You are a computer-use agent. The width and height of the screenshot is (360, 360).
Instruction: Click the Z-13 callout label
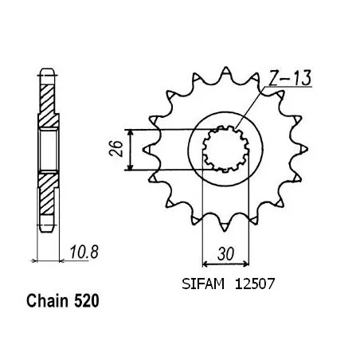click(x=290, y=79)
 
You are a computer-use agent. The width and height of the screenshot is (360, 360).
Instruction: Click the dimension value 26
click(x=116, y=149)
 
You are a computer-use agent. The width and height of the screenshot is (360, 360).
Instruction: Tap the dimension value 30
click(x=226, y=254)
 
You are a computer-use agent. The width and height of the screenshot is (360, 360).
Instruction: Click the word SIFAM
click(x=203, y=284)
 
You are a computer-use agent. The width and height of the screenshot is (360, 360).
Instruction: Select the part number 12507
click(x=254, y=284)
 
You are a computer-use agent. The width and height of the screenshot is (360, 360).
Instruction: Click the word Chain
click(x=48, y=301)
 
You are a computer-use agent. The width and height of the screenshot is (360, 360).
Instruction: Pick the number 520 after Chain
click(x=86, y=301)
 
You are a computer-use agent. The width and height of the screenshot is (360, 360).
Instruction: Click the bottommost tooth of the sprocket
click(x=225, y=226)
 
